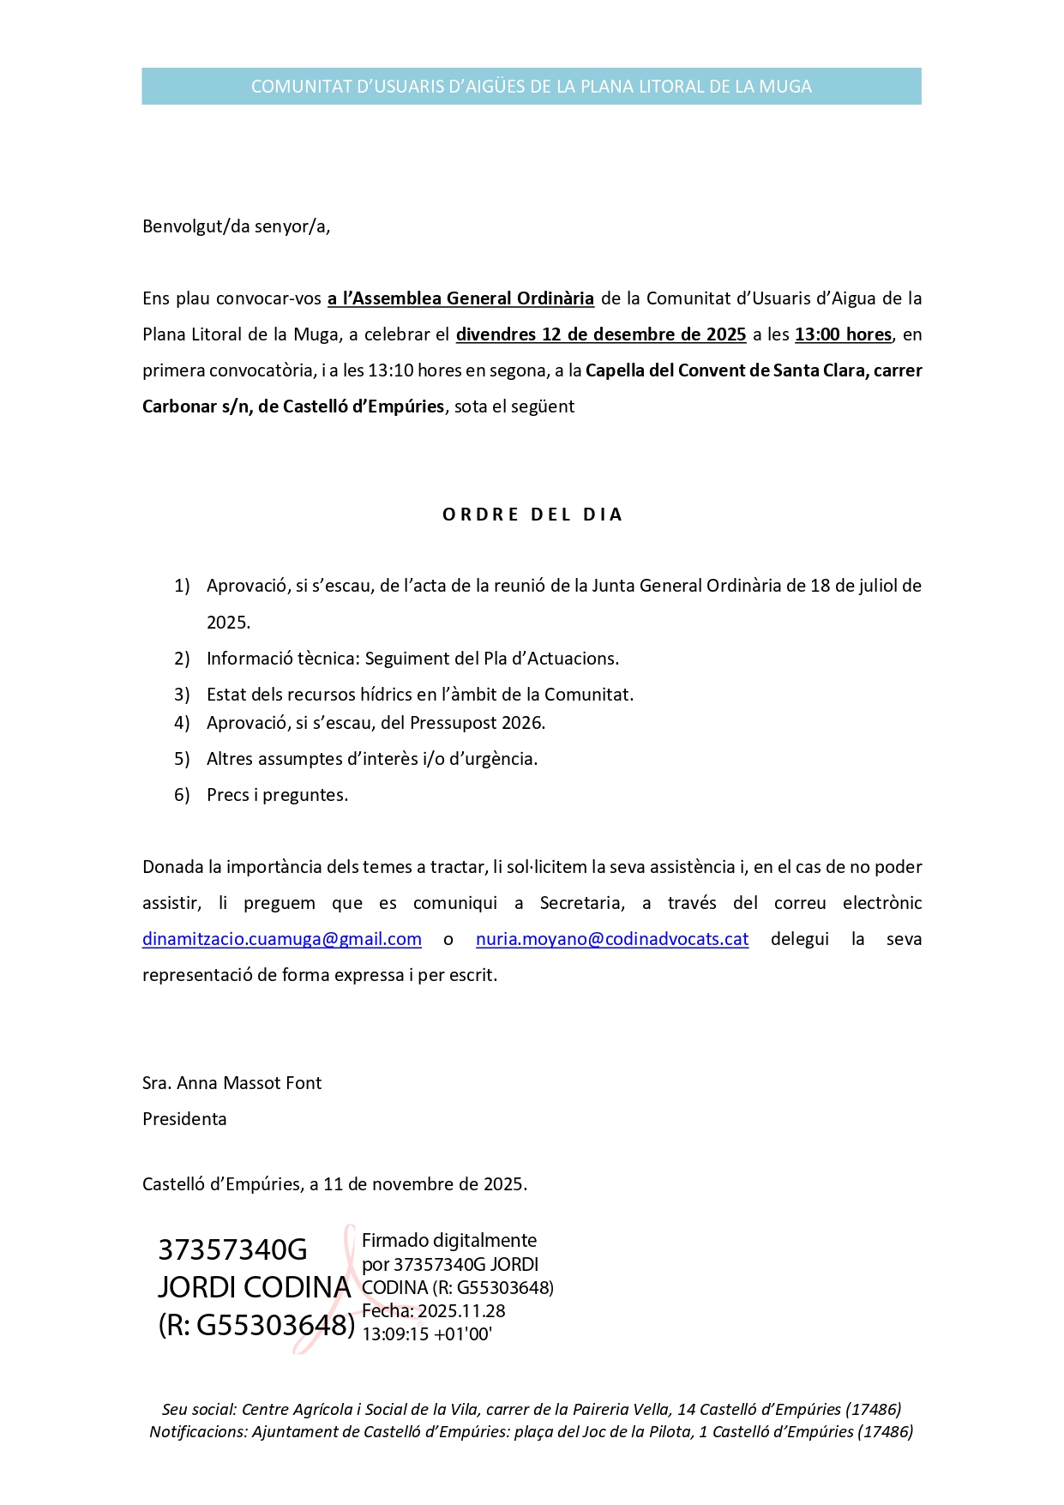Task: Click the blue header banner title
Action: (x=531, y=87)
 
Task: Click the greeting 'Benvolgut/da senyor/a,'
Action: (x=236, y=226)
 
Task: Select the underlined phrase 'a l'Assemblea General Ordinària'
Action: (x=460, y=298)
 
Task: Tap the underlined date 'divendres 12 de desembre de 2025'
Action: (x=600, y=334)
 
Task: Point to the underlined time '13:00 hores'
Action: (x=843, y=334)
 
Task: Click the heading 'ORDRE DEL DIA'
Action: (x=532, y=515)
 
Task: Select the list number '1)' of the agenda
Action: (x=182, y=586)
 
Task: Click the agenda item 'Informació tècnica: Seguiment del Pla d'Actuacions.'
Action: (x=412, y=659)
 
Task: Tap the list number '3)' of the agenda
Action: (x=182, y=695)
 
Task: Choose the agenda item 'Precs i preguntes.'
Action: (x=277, y=795)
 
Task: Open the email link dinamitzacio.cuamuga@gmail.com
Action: (x=282, y=939)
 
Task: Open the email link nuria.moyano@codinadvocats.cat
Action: (x=612, y=939)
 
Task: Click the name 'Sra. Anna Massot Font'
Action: (x=231, y=1083)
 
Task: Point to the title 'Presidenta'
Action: (x=184, y=1119)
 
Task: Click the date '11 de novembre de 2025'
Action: (x=424, y=1184)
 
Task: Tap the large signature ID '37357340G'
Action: (x=232, y=1250)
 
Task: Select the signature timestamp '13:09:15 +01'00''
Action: (x=427, y=1334)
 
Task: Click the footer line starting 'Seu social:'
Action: (x=532, y=1409)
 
